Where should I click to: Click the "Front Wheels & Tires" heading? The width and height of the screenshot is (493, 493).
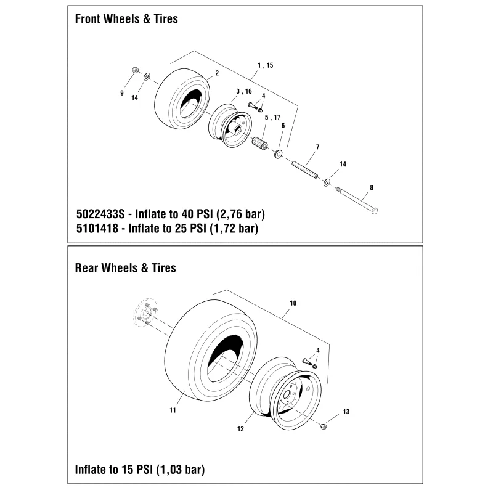126,19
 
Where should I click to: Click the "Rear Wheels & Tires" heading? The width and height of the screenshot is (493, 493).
126,268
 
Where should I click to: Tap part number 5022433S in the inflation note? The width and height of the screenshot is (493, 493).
100,214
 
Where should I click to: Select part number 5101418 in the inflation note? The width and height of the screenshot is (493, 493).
97,228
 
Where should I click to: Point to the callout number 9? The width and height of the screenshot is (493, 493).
122,93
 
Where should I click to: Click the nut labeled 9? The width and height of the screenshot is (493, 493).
135,70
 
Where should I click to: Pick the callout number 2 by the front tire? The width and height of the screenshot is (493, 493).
217,73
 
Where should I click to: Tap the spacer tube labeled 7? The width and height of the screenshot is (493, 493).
304,170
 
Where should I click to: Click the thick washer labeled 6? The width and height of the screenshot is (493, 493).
279,154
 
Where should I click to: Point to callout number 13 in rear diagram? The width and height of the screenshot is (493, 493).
346,412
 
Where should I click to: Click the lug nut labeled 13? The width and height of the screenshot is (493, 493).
323,426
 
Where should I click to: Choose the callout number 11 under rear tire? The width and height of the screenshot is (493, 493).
173,410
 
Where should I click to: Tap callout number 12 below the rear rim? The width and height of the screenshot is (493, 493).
240,429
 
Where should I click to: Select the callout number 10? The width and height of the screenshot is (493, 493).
293,303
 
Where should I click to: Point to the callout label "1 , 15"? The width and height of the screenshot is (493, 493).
266,65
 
